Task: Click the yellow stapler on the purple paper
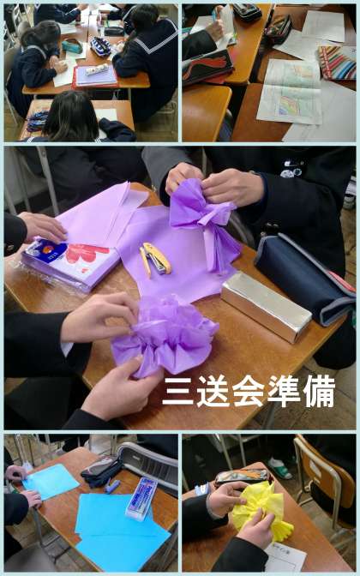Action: pyautogui.click(x=155, y=260)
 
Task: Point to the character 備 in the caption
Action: pyautogui.click(x=319, y=391)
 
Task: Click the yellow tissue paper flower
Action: pyautogui.click(x=262, y=510)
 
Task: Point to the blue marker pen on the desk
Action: pyautogui.click(x=112, y=486)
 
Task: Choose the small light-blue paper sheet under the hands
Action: pyautogui.click(x=51, y=481)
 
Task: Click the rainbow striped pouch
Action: pyautogui.click(x=337, y=63)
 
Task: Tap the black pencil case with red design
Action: pyautogui.click(x=207, y=67)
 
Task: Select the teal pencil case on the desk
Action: pyautogui.click(x=72, y=46)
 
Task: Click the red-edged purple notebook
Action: pyautogui.click(x=95, y=77)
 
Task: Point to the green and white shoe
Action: pyautogui.click(x=280, y=468)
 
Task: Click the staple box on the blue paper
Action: pyautogui.click(x=141, y=499)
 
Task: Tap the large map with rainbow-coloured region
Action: pyautogui.click(x=291, y=92)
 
